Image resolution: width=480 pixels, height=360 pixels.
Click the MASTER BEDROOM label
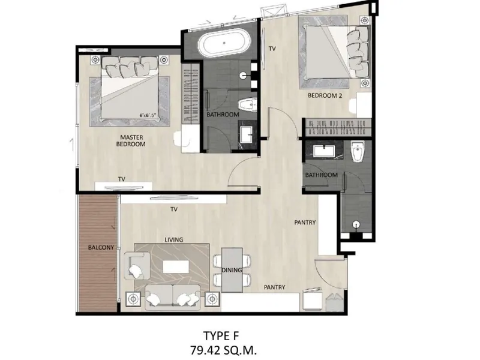click(x=131, y=141)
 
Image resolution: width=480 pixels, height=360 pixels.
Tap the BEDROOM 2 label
click(x=325, y=95)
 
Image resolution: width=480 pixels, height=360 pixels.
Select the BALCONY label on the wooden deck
click(x=101, y=247)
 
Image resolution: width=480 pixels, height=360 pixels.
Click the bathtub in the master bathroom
click(x=224, y=43)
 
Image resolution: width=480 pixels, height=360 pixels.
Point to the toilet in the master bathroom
click(x=248, y=104)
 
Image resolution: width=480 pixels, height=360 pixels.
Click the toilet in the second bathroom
click(x=358, y=151)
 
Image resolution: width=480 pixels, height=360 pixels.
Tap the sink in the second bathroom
click(x=324, y=151)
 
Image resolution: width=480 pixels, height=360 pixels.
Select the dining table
click(x=232, y=270)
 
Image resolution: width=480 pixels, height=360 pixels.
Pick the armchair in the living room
click(x=137, y=266)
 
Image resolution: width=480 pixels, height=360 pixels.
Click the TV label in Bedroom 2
click(x=272, y=49)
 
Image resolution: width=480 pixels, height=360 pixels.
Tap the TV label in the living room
click(x=174, y=209)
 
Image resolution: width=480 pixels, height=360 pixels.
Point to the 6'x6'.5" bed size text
click(x=148, y=115)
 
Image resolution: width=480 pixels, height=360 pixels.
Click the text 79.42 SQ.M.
click(x=223, y=350)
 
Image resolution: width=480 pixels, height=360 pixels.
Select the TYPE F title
click(x=221, y=336)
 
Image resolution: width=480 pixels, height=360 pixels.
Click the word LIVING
click(x=174, y=239)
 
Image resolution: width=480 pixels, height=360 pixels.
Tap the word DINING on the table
click(x=232, y=270)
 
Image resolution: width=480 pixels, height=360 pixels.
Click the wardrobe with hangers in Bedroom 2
click(x=338, y=127)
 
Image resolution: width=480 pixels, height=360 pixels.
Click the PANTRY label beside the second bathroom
click(x=305, y=223)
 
